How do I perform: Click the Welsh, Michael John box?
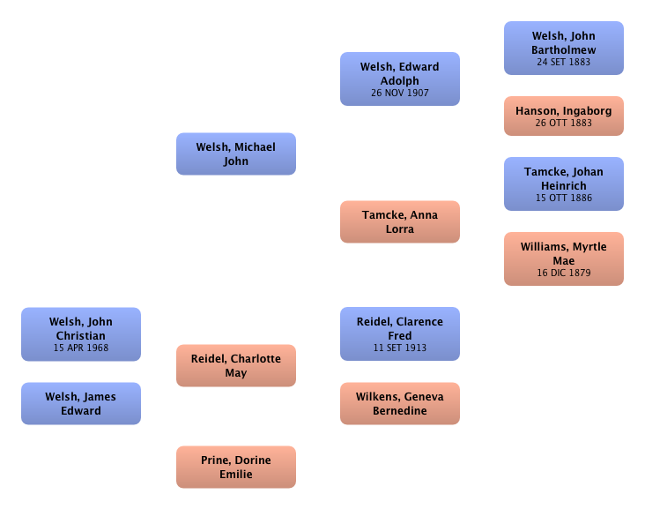pos(235,154)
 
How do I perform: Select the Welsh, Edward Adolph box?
pos(399,79)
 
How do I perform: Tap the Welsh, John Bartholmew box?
pos(563,49)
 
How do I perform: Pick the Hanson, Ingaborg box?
pos(563,116)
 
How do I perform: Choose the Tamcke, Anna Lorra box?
pos(399,221)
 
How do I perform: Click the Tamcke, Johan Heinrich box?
pos(563,184)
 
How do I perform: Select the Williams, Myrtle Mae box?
pos(563,259)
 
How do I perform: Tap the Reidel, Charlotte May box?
pos(235,366)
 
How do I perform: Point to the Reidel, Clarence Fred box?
pos(399,334)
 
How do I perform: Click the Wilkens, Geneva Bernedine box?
pos(399,403)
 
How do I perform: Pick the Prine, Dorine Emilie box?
pos(235,467)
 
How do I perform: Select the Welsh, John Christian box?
pos(80,334)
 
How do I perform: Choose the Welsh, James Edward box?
pos(80,403)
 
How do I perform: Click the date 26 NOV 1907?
pos(399,93)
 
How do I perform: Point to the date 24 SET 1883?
pos(563,63)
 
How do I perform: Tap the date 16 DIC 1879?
pos(563,273)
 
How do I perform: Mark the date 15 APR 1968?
pos(80,348)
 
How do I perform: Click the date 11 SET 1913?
pos(399,348)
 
